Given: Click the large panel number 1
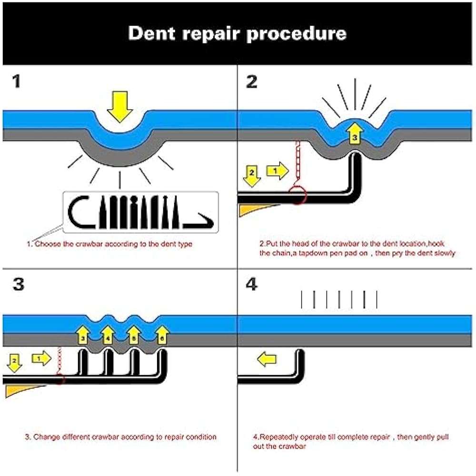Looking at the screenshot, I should (16, 81).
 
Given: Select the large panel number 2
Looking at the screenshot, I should (251, 81).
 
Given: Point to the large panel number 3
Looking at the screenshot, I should (18, 284).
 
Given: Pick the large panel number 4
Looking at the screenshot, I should (252, 284).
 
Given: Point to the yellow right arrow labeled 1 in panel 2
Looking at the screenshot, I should (277, 170).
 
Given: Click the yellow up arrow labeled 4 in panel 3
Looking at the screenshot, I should (109, 335).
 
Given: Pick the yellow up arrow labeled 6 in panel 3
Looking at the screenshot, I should (162, 335).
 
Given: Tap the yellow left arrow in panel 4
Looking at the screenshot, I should (267, 359).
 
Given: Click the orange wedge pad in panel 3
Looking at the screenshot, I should (21, 390).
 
